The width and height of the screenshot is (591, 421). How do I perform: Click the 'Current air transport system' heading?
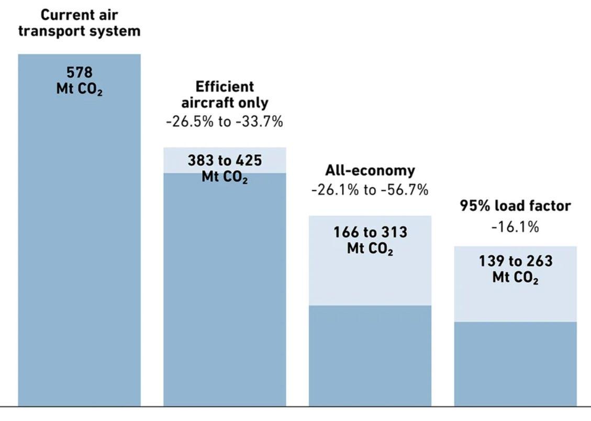click(x=79, y=23)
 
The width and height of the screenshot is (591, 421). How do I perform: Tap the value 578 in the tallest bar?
click(x=79, y=72)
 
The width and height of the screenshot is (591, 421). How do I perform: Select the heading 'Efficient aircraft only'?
click(x=225, y=95)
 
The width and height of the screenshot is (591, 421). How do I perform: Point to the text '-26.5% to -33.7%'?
click(x=225, y=122)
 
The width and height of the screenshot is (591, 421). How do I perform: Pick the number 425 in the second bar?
click(x=249, y=161)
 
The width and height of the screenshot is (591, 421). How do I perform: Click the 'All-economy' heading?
click(x=370, y=170)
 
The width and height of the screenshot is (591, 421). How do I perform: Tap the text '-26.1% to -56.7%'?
click(x=370, y=190)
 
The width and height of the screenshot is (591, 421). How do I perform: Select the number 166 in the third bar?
click(x=346, y=232)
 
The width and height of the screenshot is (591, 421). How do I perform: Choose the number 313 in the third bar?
click(x=395, y=232)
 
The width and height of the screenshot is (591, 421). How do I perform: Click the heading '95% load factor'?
click(x=515, y=206)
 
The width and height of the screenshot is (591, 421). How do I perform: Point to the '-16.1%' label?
click(x=515, y=227)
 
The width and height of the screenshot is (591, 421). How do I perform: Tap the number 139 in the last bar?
click(x=492, y=261)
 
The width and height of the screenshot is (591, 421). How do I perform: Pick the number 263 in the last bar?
click(x=540, y=261)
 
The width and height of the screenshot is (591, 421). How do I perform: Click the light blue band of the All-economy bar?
click(x=370, y=279)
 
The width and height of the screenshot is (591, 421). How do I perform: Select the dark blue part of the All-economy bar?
click(x=370, y=356)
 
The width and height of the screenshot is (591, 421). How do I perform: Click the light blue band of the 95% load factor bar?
click(x=515, y=301)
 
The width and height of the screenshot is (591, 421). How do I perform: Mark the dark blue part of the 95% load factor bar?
click(x=515, y=364)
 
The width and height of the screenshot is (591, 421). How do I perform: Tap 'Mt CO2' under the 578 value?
click(x=79, y=89)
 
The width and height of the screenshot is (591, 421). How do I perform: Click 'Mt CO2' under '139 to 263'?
click(x=515, y=278)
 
